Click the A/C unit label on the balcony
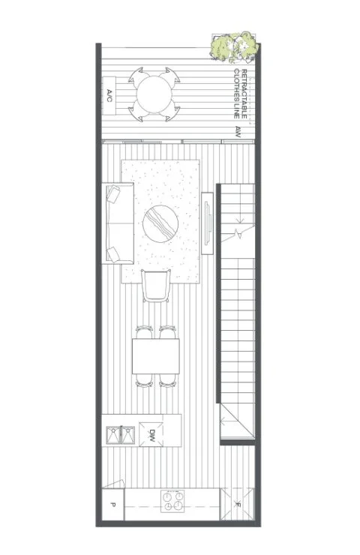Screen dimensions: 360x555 click(x=109, y=95)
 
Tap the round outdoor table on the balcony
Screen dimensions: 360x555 click(x=154, y=94)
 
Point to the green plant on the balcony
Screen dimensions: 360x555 click(x=234, y=46)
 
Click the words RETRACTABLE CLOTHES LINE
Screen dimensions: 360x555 click(x=240, y=94)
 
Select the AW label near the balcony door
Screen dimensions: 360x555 click(x=238, y=132)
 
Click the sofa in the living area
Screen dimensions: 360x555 click(x=118, y=223)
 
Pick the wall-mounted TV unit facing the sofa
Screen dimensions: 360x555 click(x=208, y=223)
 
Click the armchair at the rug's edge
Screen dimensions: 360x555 click(x=156, y=286)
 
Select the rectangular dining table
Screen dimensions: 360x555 click(x=156, y=356)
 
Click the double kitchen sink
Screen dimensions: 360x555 click(x=121, y=435)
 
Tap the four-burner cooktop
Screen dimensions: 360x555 click(x=172, y=501)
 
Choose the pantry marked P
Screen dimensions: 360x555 click(x=113, y=505)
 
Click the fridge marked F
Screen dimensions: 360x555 click(x=237, y=505)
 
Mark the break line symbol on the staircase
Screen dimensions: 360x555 click(x=238, y=233)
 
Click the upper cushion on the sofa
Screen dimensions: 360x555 click(x=114, y=194)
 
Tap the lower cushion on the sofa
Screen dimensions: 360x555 click(x=114, y=254)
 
